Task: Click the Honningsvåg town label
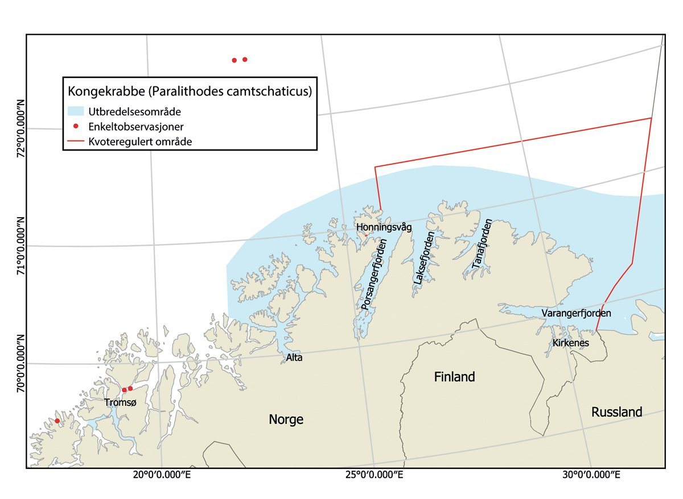(383, 227)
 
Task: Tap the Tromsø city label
(121, 402)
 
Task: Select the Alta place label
(294, 358)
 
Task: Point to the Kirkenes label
(570, 343)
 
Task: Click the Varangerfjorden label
(576, 313)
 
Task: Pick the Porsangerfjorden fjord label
(374, 275)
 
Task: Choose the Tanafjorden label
(481, 244)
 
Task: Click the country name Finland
(454, 377)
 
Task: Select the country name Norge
(286, 420)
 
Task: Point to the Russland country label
(616, 412)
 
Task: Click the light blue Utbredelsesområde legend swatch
(76, 111)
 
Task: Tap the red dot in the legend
(76, 126)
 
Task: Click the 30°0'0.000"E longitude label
(595, 474)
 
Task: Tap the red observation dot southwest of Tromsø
(57, 421)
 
